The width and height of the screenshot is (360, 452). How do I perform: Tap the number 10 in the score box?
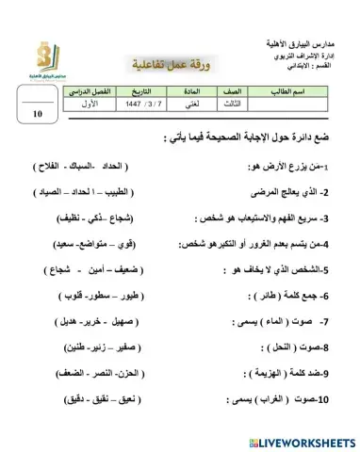click(38, 112)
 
